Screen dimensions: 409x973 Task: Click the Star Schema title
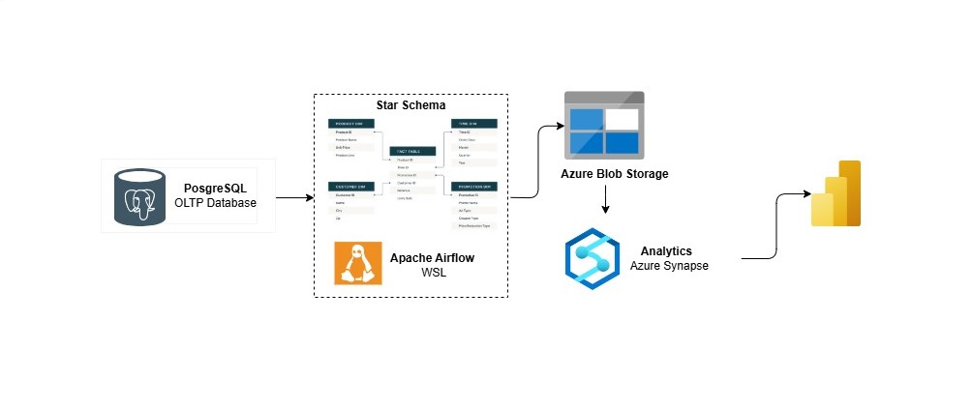click(x=410, y=104)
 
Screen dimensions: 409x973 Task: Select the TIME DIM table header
click(x=473, y=123)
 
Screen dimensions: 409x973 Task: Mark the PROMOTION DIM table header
click(x=473, y=186)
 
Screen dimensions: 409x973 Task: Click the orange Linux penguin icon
click(x=357, y=263)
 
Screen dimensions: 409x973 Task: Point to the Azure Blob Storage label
click(x=614, y=174)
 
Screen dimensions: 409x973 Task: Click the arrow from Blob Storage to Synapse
click(x=605, y=200)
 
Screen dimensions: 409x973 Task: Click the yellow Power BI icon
click(x=836, y=194)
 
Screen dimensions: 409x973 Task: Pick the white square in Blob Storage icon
click(x=623, y=121)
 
